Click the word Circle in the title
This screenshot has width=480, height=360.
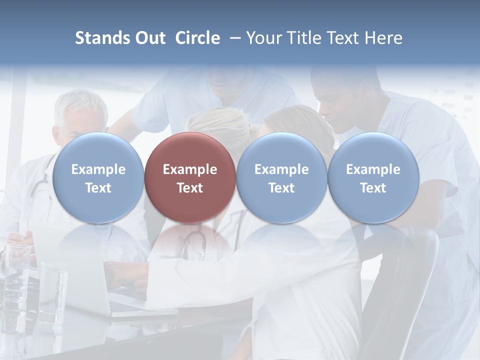(x=197, y=38)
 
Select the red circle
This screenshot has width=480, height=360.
(x=190, y=177)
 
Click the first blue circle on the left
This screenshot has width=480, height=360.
(x=98, y=177)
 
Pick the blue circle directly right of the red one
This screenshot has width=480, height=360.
(x=281, y=177)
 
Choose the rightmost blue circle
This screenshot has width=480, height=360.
(x=373, y=177)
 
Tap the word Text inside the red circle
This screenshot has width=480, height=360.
(x=190, y=188)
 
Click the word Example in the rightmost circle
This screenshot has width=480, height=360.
(x=373, y=169)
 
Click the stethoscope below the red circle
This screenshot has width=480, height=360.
(x=194, y=245)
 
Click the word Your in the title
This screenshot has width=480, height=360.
(x=261, y=38)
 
